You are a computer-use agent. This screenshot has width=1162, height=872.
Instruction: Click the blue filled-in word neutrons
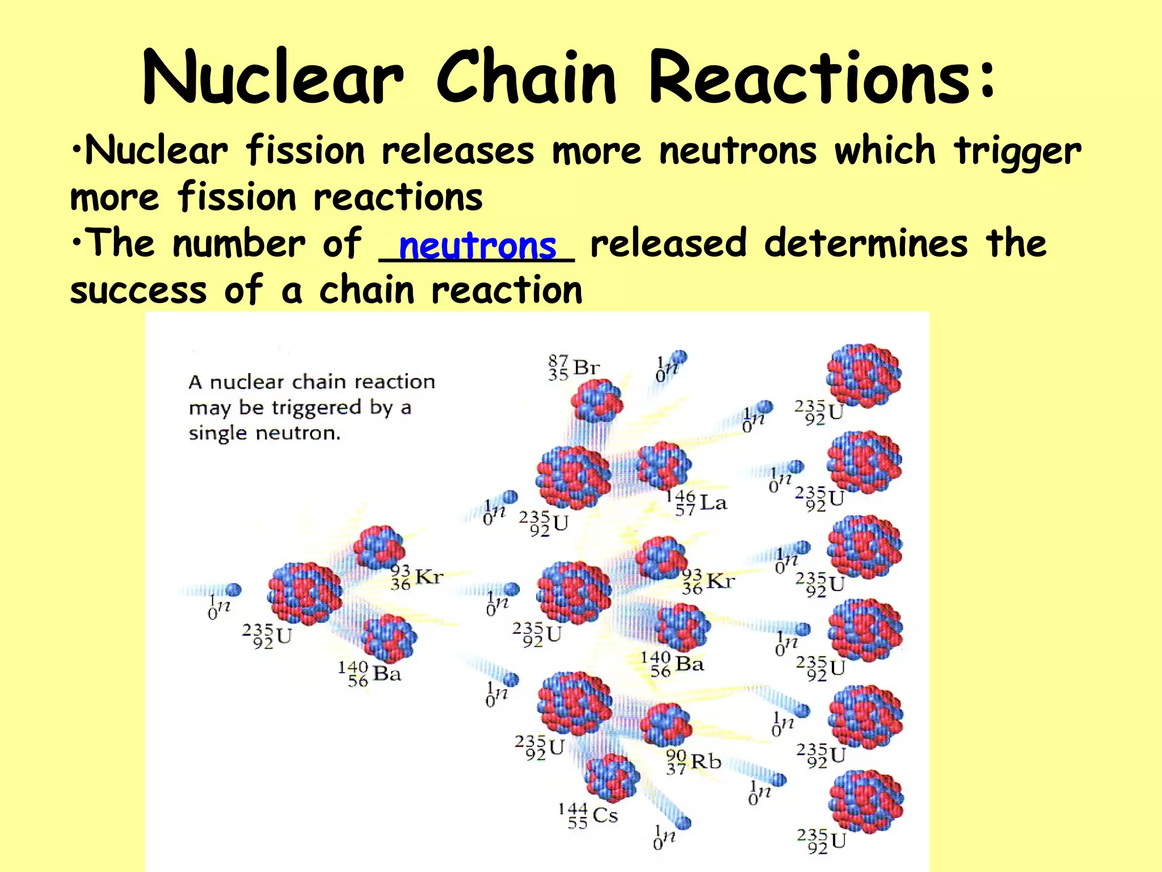477,246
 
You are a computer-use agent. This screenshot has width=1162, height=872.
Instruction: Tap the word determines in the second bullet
866,243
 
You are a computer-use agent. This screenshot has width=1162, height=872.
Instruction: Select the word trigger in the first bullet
1017,152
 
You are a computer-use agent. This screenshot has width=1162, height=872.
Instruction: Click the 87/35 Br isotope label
573,368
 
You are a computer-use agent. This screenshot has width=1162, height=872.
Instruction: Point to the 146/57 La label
696,503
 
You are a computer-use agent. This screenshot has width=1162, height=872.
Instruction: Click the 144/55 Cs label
588,816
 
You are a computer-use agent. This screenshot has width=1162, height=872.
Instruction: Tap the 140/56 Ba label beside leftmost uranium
370,673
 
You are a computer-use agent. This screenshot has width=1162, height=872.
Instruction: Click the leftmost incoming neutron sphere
233,590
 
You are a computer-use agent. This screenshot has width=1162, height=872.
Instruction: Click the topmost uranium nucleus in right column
864,375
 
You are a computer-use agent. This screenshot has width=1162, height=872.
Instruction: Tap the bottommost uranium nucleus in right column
866,801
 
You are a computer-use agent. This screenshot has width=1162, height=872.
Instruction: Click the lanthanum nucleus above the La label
664,466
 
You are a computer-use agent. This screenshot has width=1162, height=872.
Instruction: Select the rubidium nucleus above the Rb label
666,725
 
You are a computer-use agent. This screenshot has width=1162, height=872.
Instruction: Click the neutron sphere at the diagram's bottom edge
684,823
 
